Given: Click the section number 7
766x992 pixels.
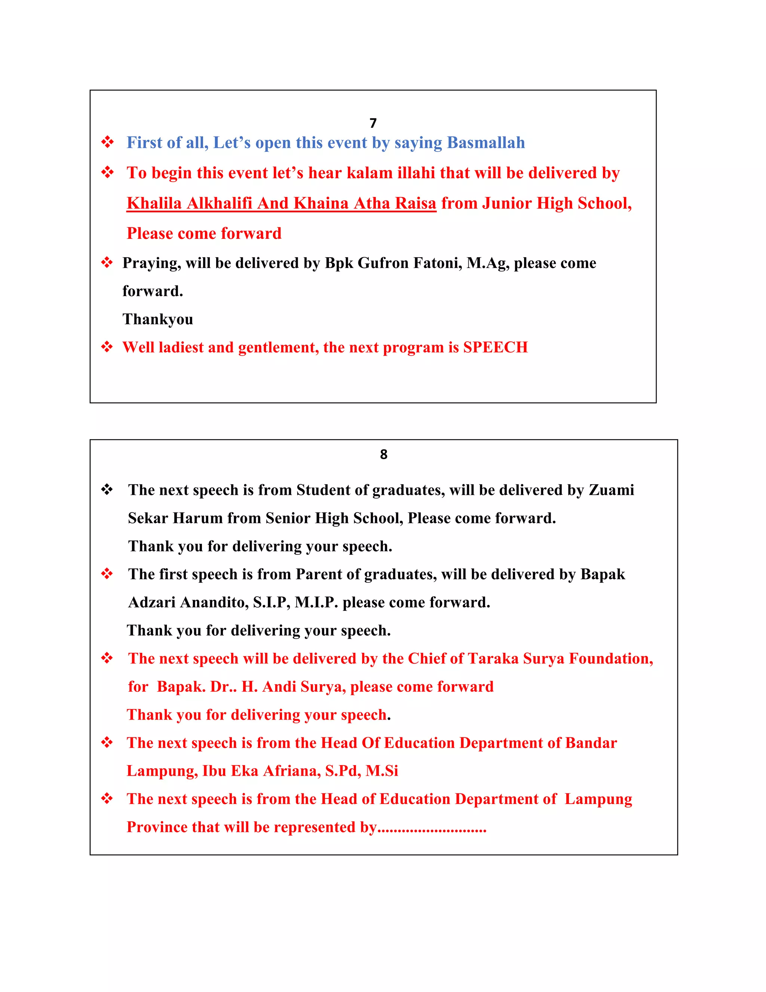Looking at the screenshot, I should click(373, 123).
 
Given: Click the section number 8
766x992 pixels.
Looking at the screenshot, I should click(383, 454).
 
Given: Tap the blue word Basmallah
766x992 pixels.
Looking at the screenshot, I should click(485, 143).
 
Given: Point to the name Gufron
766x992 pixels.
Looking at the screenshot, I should click(383, 263).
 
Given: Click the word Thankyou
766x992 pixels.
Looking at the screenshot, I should click(157, 319).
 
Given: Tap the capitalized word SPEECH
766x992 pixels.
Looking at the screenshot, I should click(495, 347).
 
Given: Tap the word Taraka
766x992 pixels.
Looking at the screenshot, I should click(493, 658).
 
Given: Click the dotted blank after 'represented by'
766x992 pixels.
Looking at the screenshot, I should click(432, 829).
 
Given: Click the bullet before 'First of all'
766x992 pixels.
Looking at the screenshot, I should click(107, 142).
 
